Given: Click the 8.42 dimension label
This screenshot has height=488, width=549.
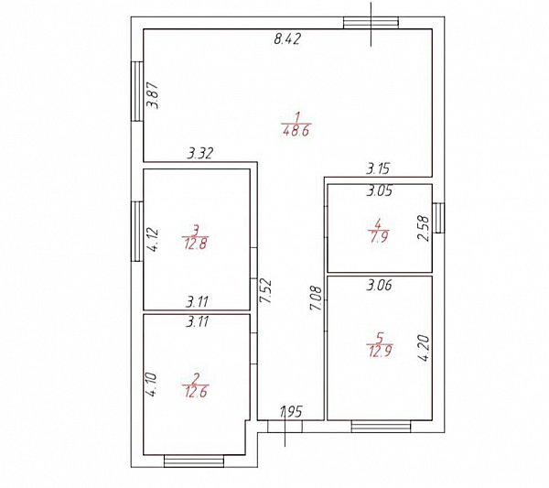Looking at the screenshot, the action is click(x=287, y=38).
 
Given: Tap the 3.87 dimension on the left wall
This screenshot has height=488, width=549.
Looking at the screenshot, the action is click(x=153, y=95).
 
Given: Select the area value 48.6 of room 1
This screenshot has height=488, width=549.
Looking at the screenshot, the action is click(x=296, y=131).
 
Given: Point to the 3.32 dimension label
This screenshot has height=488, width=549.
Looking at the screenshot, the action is click(x=199, y=154).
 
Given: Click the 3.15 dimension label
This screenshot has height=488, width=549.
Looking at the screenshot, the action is click(x=378, y=168).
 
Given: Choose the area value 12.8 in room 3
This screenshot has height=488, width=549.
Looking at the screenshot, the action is click(x=196, y=244).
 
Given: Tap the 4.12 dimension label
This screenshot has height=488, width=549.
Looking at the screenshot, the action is click(x=153, y=240).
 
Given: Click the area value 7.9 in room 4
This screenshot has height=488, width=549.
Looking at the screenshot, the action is click(x=379, y=237).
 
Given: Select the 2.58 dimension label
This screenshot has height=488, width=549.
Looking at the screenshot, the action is click(x=423, y=228).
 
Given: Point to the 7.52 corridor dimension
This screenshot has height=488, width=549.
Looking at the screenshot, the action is click(x=265, y=291).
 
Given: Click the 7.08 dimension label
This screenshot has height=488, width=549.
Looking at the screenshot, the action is click(x=317, y=298).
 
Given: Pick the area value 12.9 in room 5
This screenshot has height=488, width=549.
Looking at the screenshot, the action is click(x=381, y=351).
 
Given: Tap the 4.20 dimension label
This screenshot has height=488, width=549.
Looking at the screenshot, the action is click(x=424, y=348).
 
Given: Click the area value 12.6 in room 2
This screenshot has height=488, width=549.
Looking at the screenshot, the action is click(x=196, y=392).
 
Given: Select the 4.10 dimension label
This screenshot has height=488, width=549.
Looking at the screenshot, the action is click(x=152, y=385).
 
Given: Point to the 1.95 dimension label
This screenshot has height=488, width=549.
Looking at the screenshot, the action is click(x=291, y=412).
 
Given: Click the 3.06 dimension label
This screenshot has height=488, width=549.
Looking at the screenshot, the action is click(x=379, y=286).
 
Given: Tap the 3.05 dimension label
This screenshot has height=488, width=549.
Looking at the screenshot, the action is click(x=380, y=191).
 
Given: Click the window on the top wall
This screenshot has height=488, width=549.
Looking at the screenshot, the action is click(x=371, y=23).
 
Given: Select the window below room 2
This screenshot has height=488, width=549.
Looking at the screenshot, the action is click(x=194, y=461).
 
